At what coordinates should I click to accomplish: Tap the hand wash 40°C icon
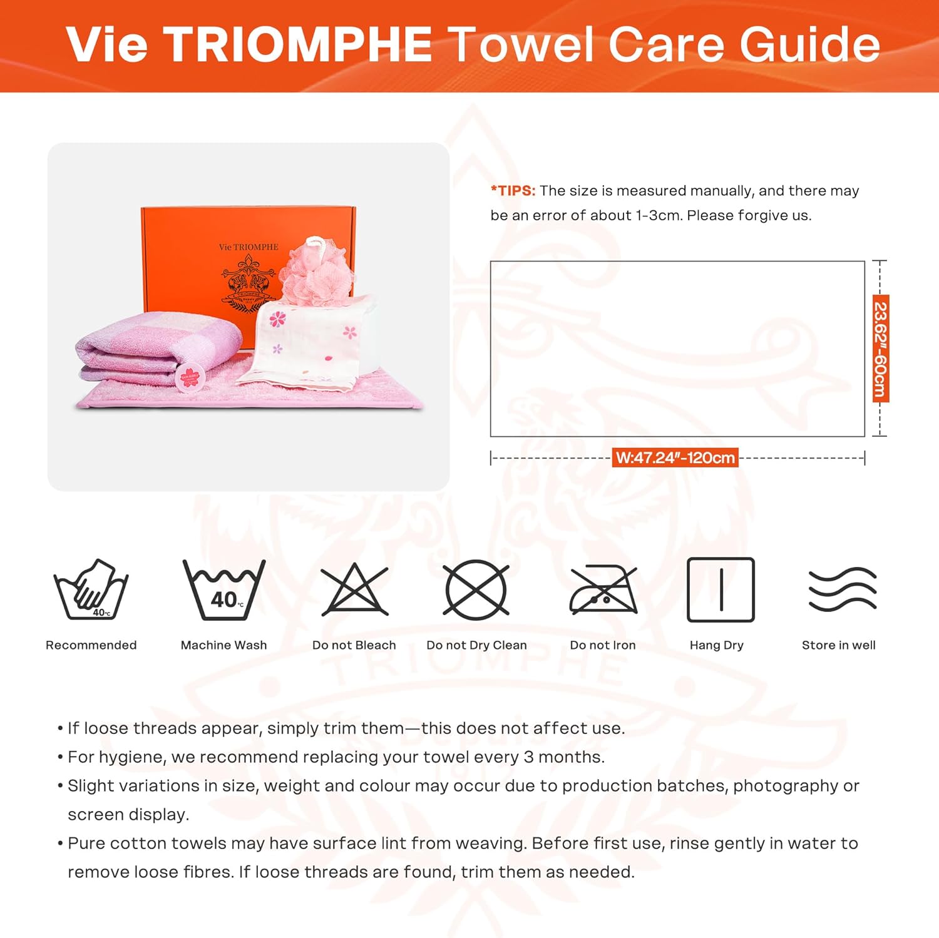(91, 589)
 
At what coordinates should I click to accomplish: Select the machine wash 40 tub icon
(224, 590)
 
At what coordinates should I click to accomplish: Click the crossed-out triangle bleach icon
(354, 590)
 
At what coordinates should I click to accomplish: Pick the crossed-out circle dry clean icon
(476, 590)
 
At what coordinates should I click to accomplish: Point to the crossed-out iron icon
(603, 590)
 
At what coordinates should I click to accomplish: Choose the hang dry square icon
(721, 590)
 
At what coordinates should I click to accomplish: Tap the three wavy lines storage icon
(842, 589)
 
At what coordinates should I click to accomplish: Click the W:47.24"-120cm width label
(675, 458)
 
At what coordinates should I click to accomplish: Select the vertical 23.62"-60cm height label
(881, 349)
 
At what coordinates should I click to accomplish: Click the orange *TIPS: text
(513, 191)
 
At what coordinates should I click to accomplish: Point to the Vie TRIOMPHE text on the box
(249, 247)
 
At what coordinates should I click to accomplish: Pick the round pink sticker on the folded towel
(190, 378)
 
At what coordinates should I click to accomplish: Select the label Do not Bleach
(354, 645)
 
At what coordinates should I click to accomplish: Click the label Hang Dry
(716, 645)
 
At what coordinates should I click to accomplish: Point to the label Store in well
(838, 645)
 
